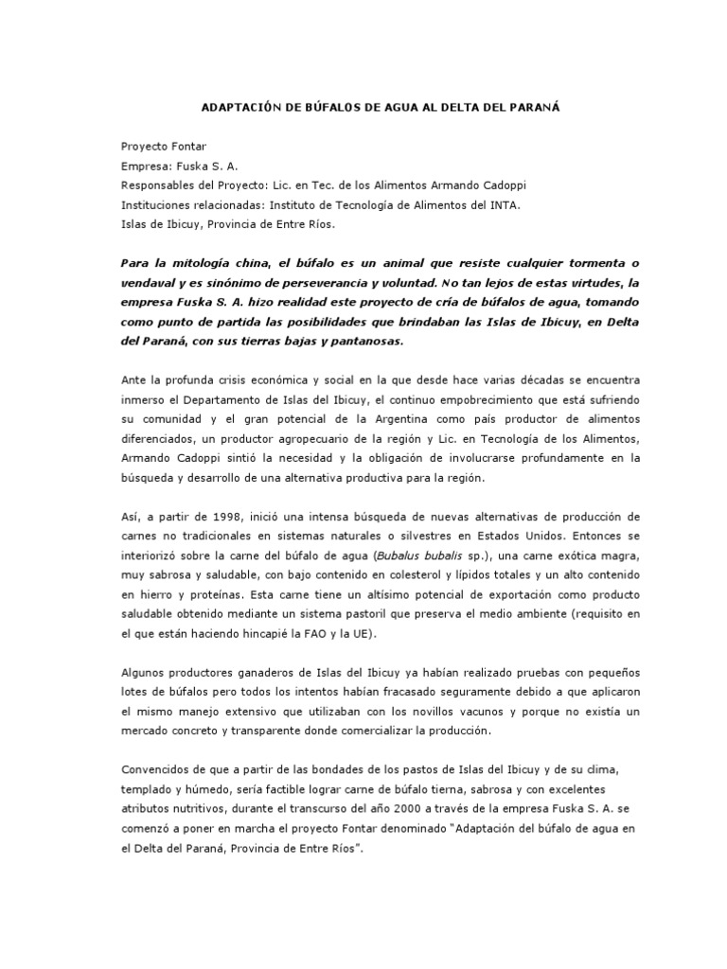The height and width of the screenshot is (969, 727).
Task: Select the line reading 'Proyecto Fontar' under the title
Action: tap(163, 147)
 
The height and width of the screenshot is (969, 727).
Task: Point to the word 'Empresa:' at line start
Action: tap(145, 166)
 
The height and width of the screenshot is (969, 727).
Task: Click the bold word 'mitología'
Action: tap(204, 262)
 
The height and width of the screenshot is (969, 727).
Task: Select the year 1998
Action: tap(233, 518)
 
